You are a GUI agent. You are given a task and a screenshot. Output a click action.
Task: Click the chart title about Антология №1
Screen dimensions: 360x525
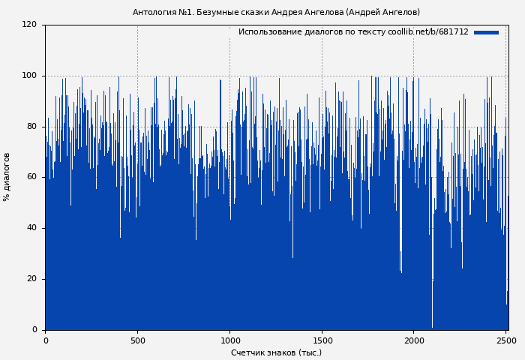tap(276, 12)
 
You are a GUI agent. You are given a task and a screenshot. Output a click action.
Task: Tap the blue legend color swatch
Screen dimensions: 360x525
tap(486, 32)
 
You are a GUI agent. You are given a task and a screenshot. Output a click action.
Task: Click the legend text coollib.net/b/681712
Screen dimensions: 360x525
tap(427, 32)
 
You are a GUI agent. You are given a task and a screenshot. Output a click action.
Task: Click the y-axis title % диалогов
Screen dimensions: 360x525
tap(7, 177)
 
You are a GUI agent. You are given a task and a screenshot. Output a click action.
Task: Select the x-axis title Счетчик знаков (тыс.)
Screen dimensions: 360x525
tap(276, 352)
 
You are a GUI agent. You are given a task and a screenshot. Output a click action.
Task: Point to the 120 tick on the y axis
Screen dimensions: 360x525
tap(29, 25)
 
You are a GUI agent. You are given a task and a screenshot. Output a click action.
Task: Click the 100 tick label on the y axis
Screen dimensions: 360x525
tap(29, 76)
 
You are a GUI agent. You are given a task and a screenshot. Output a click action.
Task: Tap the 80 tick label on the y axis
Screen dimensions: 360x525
tap(31, 127)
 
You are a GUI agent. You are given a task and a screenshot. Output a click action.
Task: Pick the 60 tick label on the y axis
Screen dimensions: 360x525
tap(31, 177)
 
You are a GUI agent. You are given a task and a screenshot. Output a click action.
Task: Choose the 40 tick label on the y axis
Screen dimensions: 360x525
tap(31, 228)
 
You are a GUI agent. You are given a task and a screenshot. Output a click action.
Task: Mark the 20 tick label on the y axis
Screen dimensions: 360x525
tap(31, 279)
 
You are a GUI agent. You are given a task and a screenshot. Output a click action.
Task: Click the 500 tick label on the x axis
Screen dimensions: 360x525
tap(137, 340)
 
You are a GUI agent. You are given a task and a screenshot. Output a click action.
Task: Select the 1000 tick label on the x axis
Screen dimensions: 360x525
tap(229, 340)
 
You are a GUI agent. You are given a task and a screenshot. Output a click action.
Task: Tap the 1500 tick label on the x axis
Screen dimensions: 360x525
tap(322, 340)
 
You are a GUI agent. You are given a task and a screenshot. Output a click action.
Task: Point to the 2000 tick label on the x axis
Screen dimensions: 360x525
tap(414, 340)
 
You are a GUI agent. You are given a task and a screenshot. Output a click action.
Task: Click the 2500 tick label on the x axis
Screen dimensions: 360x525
tap(506, 340)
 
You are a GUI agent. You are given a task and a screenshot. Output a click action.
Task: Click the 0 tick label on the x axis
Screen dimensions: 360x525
tap(45, 340)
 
